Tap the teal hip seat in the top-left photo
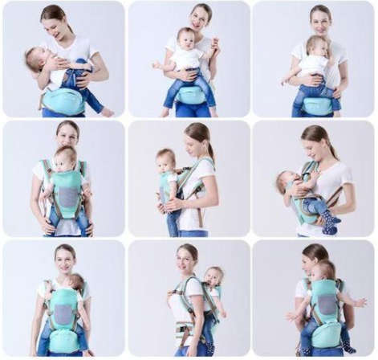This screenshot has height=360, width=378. point(64,100)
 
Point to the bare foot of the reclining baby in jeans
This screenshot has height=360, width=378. point(107,112)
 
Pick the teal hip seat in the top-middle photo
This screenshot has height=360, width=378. point(191,95)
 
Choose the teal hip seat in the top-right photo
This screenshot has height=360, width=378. point(318,105)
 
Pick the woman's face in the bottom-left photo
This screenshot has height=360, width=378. point(65,260)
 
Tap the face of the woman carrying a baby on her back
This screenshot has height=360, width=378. point(186,260)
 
